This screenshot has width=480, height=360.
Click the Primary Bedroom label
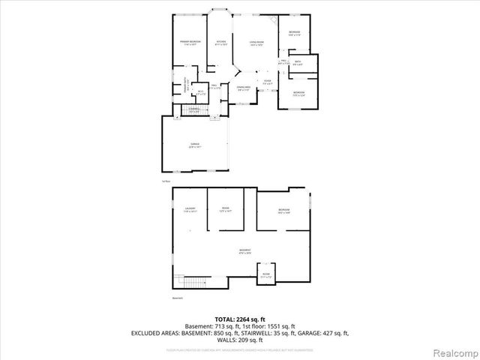click(189, 43)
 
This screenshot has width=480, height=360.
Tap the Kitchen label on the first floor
click(221, 43)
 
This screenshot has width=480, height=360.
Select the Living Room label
click(256, 44)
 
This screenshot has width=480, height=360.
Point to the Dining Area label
click(244, 88)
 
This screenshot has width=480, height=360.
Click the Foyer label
click(267, 82)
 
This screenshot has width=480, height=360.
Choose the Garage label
click(194, 145)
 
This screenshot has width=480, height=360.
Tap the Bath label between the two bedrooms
click(298, 63)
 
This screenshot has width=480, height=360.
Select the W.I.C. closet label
click(200, 93)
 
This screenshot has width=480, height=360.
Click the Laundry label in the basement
click(190, 210)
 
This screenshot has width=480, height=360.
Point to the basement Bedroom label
click(283, 211)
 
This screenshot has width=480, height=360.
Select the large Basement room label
click(244, 251)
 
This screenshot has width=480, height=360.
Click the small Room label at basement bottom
click(267, 275)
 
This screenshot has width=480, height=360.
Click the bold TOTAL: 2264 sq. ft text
click(239, 319)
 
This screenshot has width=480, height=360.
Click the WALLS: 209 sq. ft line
click(240, 339)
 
